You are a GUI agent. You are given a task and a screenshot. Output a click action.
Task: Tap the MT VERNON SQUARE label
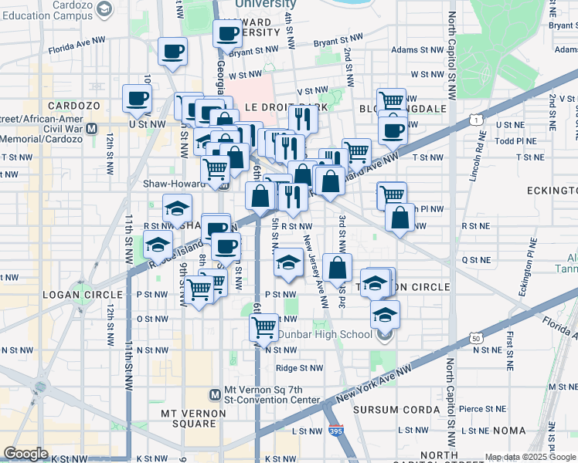click(192, 413)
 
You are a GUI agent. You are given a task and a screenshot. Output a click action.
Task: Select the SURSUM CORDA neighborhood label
click(414, 409)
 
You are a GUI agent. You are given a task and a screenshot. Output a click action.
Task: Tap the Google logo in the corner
click(25, 454)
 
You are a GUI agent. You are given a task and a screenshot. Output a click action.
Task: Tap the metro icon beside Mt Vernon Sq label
click(216, 394)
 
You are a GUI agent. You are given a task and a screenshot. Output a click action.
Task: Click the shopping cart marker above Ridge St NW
click(264, 326)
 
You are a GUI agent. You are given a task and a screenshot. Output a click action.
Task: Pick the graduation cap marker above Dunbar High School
click(384, 314)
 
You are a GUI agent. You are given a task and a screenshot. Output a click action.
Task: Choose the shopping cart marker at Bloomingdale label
click(392, 100)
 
